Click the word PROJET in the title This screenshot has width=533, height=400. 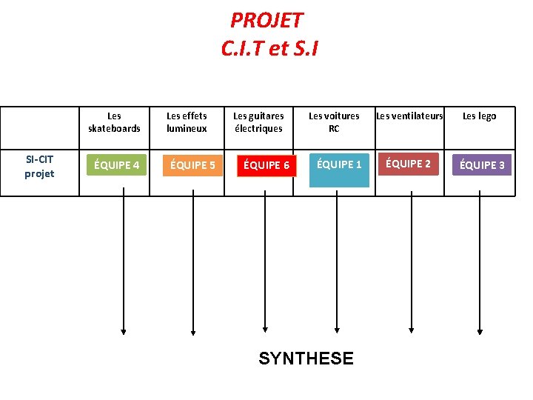point(266,19)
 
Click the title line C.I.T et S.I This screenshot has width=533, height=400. point(269,48)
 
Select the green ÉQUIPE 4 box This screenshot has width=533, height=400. point(115,164)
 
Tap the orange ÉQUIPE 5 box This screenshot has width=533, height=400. point(192,164)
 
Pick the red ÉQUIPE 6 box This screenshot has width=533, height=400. point(266,164)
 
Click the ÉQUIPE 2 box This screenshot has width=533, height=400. point(408,164)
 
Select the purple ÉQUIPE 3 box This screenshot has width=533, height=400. point(482,164)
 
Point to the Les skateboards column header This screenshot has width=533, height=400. point(114,122)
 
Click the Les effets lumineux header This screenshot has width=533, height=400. point(187,122)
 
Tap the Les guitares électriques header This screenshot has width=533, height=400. point(258,122)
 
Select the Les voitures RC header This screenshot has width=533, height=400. point(334,122)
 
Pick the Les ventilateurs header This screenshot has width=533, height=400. point(409,116)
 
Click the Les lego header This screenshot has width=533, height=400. point(480,116)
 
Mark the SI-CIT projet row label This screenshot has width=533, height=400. point(39,167)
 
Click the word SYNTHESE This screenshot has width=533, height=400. point(306,359)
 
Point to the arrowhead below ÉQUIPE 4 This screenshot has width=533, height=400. point(124,330)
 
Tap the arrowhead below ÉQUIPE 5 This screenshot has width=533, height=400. point(193,330)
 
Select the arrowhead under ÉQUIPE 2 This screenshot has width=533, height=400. point(409,330)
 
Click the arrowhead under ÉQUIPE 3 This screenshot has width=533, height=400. point(480,330)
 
